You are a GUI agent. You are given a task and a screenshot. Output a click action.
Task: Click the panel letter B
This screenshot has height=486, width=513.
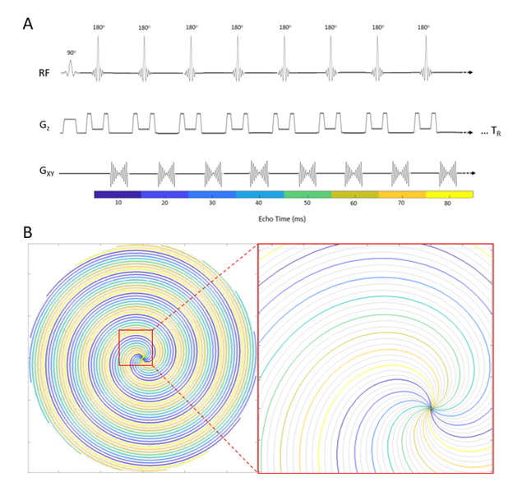click(28, 232)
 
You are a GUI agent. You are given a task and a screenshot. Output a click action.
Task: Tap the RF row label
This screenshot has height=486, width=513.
click(45, 74)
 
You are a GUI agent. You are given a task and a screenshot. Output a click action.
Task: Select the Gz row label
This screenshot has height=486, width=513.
click(45, 126)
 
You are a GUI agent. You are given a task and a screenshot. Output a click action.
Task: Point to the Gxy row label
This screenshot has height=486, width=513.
click(45, 173)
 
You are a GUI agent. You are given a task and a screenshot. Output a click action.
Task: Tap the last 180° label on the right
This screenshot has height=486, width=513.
click(424, 28)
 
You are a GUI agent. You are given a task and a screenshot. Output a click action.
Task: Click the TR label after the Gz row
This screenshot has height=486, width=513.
click(488, 133)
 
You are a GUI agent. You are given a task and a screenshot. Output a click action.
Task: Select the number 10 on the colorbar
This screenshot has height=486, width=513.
click(118, 202)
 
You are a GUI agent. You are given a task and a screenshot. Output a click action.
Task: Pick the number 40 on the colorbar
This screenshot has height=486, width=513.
click(259, 202)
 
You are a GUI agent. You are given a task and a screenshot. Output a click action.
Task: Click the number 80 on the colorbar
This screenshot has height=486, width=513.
click(448, 202)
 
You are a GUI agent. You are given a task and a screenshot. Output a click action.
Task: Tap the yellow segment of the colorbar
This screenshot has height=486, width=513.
click(449, 194)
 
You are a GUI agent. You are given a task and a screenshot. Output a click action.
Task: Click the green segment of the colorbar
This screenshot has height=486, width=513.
click(307, 194)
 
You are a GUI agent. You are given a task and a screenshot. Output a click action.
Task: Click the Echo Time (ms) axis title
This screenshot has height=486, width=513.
click(284, 220)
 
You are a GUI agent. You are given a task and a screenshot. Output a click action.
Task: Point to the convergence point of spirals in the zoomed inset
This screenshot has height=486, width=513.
click(431, 407)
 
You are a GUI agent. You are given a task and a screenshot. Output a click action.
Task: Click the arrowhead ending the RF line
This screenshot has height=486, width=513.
click(471, 74)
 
